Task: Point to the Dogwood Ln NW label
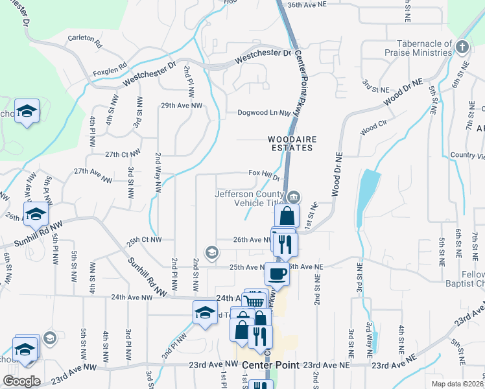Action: tap(264, 112)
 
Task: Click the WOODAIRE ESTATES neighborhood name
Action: tap(290, 143)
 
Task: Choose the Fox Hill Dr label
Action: tap(265, 174)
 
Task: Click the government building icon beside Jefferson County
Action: tap(294, 196)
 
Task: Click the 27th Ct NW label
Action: tap(123, 154)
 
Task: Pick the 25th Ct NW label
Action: tap(145, 241)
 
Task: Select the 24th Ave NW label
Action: tap(132, 297)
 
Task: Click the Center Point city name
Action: tap(270, 365)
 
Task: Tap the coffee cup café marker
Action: tap(277, 274)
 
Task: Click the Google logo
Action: tap(21, 381)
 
